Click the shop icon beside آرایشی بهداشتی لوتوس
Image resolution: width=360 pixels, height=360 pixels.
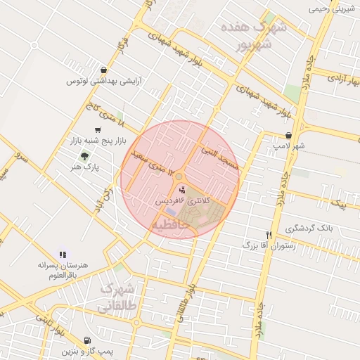pyautogui.click(x=105, y=70)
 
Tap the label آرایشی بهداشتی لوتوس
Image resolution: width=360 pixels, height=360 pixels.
pyautogui.click(x=105, y=82)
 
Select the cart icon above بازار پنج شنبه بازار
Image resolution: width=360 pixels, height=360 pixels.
pyautogui.click(x=96, y=130)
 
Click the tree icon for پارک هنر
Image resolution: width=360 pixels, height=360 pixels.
pyautogui.click(x=85, y=156)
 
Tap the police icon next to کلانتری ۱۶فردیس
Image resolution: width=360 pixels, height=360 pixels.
pyautogui.click(x=183, y=189)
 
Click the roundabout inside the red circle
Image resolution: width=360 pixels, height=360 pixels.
pyautogui.click(x=179, y=176)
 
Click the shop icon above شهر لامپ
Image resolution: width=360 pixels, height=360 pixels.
pyautogui.click(x=288, y=136)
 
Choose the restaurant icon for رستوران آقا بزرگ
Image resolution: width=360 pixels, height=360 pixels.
pyautogui.click(x=268, y=235)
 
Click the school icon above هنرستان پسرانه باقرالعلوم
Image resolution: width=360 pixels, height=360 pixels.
pyautogui.click(x=63, y=255)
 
